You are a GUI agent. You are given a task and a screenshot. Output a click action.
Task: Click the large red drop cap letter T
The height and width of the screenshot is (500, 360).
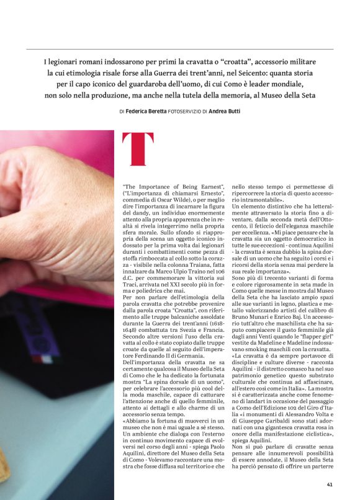138,149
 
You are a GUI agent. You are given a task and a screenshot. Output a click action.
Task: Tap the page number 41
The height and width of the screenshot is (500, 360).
330,484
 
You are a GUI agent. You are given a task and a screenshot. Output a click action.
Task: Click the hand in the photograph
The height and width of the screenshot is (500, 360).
50,205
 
